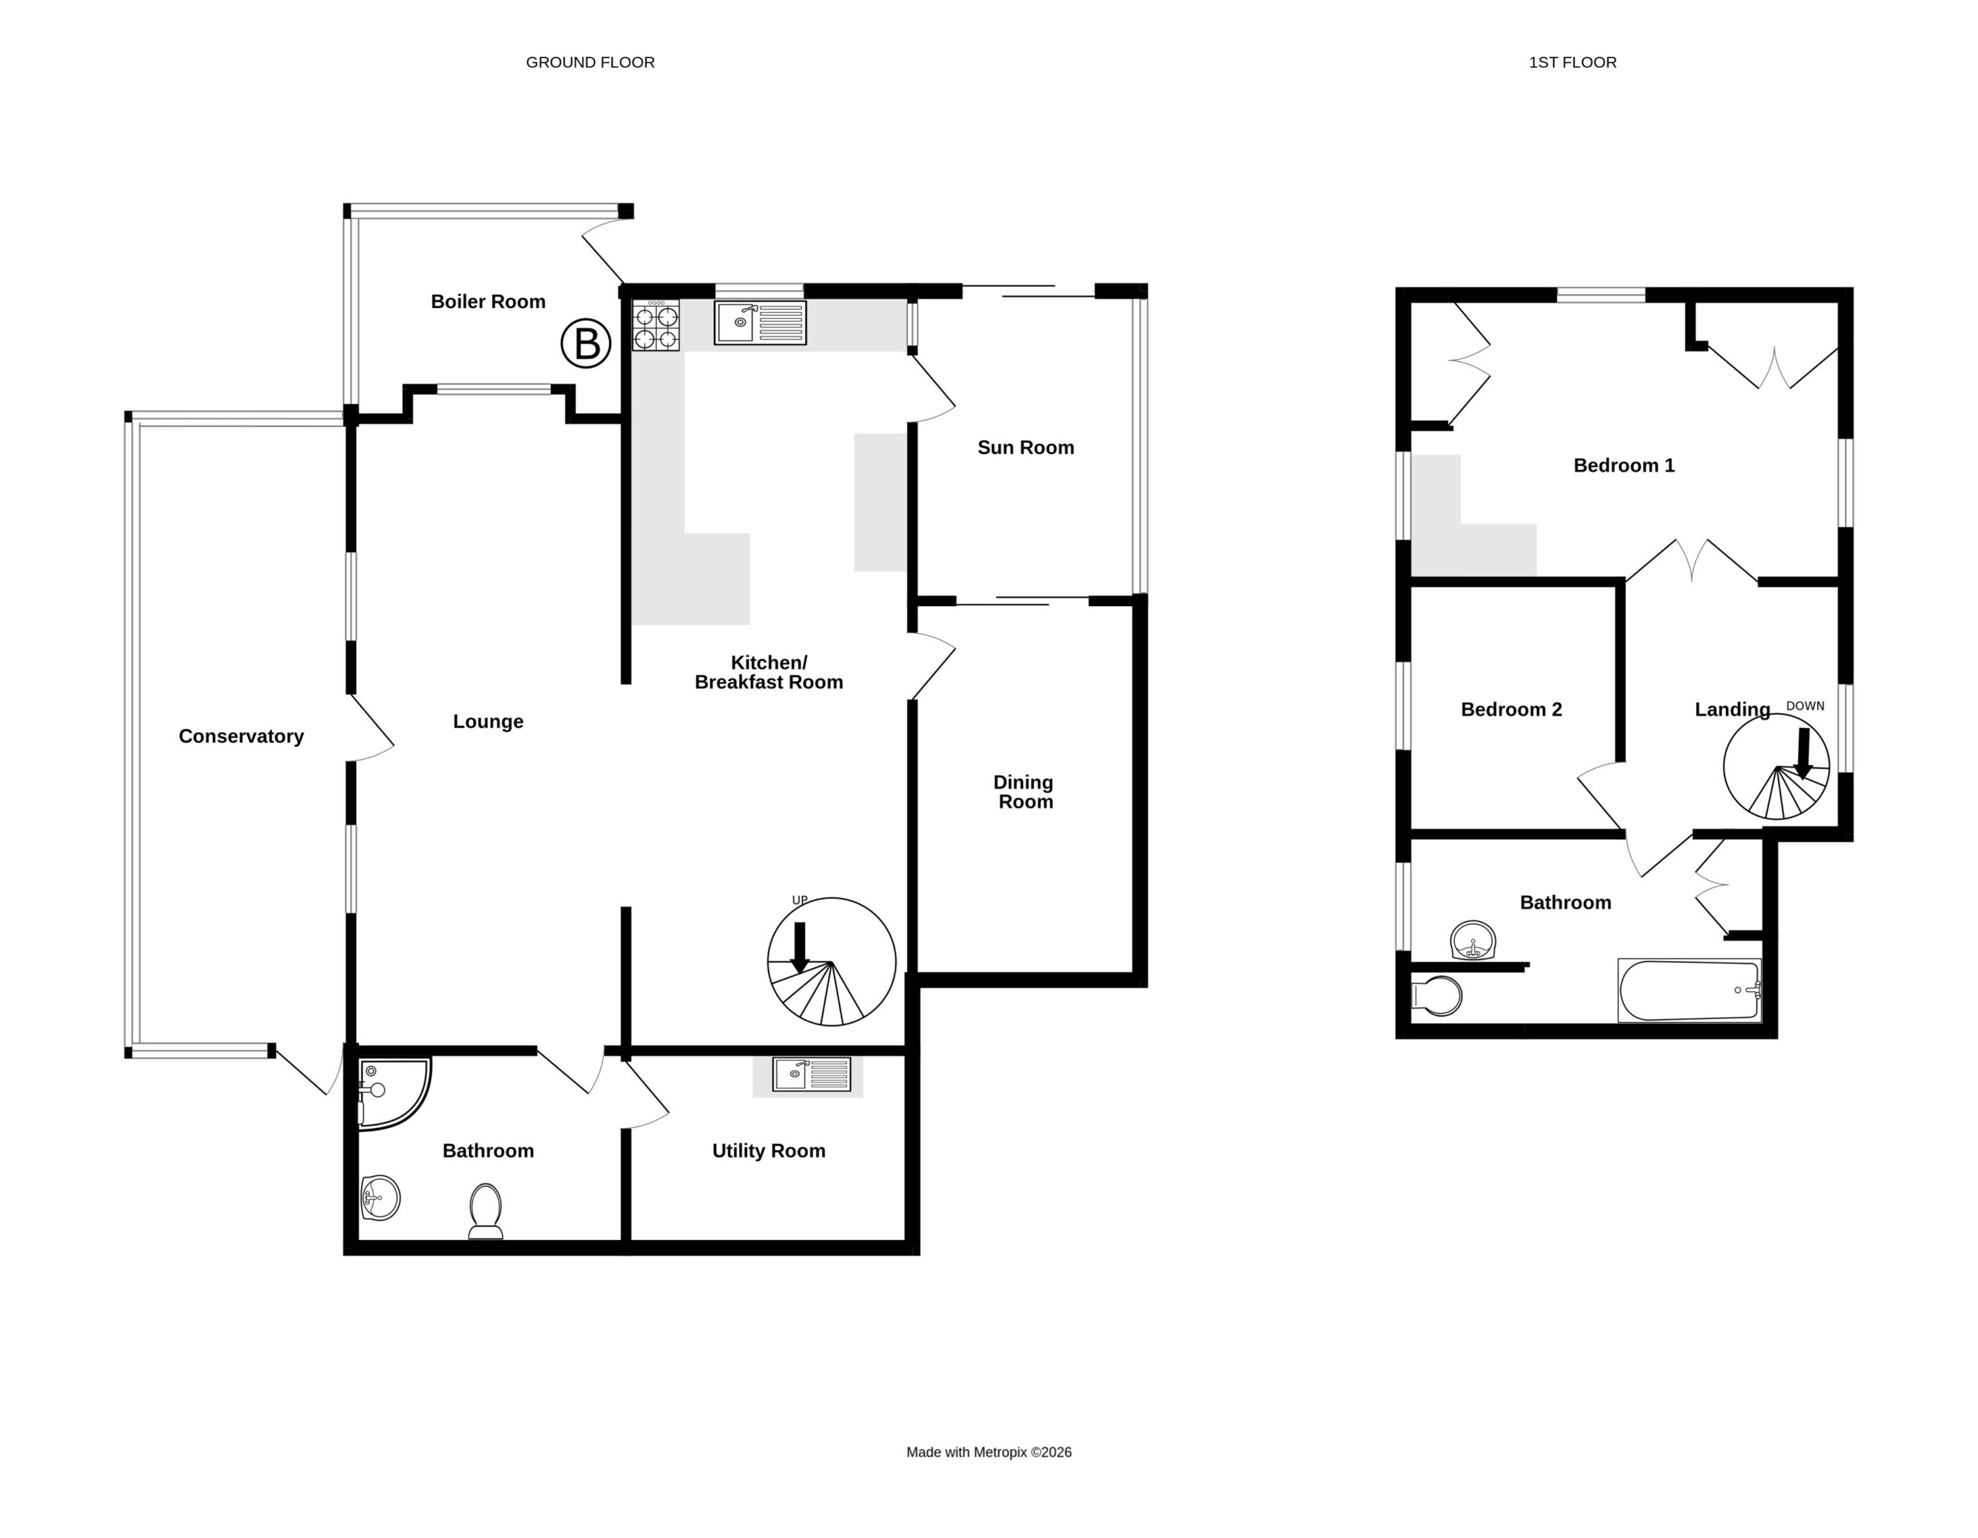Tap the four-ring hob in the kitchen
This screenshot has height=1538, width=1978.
[x=656, y=326]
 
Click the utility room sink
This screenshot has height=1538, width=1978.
[x=811, y=1075]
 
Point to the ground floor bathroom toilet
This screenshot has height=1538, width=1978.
[x=485, y=1211]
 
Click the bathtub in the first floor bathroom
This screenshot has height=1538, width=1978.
[x=1689, y=991]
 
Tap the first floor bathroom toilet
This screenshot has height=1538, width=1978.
[x=1437, y=996]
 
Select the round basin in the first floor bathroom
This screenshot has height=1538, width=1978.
[x=1473, y=941]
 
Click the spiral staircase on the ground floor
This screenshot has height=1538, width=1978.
[x=831, y=961]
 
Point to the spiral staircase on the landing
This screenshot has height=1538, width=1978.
[x=1777, y=767]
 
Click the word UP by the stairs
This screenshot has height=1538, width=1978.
[x=800, y=899]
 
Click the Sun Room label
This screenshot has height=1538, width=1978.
[x=1025, y=447]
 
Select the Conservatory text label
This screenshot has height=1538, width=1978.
[x=241, y=736]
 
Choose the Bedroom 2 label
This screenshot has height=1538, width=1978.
[x=1511, y=710]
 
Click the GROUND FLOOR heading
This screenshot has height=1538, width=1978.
[x=590, y=63]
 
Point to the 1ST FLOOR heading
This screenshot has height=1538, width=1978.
[x=1573, y=63]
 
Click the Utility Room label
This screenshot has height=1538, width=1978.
[x=769, y=1150]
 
